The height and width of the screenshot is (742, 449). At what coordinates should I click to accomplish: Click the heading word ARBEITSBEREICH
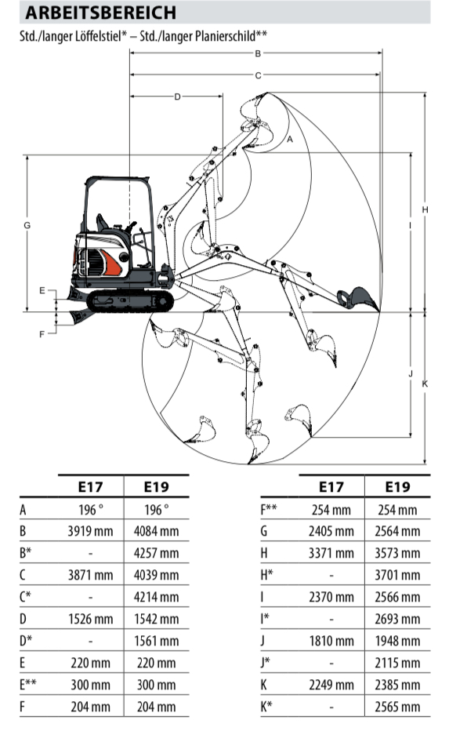100,13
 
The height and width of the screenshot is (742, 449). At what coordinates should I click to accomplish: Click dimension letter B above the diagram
258,53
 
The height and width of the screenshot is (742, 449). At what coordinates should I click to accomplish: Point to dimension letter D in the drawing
177,96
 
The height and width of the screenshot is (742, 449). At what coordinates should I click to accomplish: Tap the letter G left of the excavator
27,225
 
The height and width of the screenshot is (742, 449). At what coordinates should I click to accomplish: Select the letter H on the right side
425,209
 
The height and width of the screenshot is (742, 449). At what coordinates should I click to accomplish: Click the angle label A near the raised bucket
290,139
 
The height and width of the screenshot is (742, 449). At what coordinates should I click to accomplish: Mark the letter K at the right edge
425,384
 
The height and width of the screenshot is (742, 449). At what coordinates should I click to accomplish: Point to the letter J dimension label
411,374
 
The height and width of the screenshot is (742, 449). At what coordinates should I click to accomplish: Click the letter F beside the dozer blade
42,334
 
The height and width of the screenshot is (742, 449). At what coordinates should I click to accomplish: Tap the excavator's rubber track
130,301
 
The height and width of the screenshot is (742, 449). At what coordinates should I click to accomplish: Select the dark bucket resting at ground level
359,298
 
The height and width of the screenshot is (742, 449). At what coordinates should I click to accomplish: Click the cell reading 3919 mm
90,531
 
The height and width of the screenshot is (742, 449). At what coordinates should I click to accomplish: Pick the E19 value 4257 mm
157,553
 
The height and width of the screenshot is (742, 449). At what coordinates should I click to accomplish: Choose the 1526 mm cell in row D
90,619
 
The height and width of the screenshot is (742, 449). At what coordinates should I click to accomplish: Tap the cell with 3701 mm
397,575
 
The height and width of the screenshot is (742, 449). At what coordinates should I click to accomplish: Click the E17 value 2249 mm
331,685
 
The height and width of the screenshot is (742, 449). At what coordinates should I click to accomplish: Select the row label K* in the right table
266,707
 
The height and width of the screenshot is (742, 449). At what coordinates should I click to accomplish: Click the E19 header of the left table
157,487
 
